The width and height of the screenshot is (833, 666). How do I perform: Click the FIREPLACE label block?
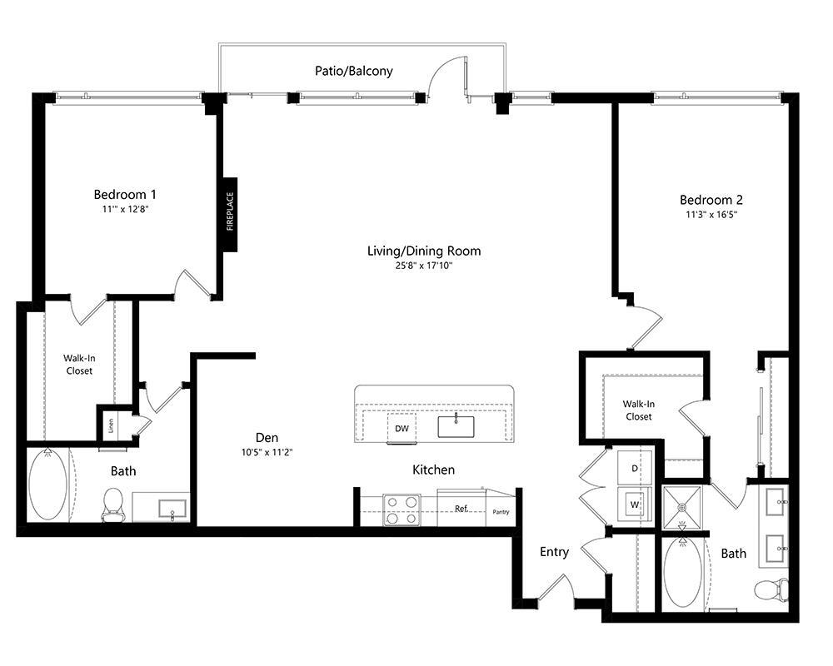230,215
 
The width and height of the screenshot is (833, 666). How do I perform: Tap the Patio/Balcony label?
354,71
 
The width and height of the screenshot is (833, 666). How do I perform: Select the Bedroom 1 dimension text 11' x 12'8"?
125,209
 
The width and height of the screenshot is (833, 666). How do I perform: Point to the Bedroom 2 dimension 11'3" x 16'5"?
711,215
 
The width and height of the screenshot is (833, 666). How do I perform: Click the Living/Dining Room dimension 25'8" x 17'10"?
424,266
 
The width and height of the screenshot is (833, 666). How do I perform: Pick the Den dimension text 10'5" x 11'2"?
267,453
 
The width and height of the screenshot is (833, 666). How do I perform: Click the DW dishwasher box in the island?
402,428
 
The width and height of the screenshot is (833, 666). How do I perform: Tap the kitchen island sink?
456,426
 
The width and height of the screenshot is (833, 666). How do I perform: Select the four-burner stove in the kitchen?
402,509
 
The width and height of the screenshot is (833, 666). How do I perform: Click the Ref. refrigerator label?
461,509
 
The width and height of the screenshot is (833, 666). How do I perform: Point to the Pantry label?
501,512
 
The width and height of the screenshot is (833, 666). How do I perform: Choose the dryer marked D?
634,468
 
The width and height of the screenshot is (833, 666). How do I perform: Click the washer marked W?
634,504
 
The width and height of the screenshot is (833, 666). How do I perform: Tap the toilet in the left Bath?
112,504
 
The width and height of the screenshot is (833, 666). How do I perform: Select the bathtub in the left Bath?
47,485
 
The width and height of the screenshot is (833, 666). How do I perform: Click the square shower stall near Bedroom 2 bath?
683,507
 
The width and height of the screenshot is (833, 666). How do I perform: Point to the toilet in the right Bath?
771,589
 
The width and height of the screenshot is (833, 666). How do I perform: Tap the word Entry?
554,552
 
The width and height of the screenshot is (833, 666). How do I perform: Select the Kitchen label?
433,470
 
